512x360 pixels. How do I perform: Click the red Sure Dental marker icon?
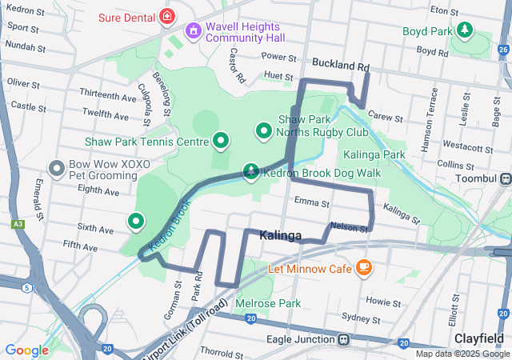166,15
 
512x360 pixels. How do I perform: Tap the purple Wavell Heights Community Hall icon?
193,31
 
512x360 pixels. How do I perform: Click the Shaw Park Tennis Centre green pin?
222,142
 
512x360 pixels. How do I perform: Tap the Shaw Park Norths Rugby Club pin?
263,130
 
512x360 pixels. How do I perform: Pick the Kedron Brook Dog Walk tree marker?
252,171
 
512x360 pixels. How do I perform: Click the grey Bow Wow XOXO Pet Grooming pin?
57,169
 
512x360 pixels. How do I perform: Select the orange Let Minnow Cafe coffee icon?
364,267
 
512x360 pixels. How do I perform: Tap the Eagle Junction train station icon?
343,339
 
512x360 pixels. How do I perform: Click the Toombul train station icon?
506,178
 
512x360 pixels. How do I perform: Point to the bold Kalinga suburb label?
280,236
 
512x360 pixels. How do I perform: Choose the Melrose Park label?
268,303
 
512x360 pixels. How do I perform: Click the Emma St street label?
311,203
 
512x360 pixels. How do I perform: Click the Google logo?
26,350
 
